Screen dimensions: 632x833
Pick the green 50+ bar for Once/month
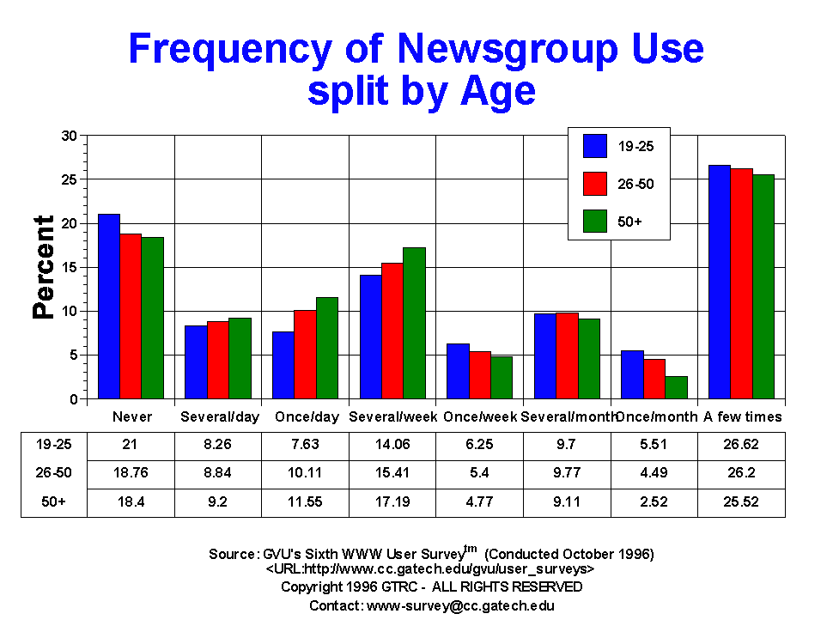(x=675, y=387)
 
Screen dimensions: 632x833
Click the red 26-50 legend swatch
(x=595, y=184)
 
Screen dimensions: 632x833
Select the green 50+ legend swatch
(x=595, y=221)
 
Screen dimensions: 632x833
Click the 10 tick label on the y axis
(x=70, y=311)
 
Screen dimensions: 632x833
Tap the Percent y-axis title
(x=44, y=267)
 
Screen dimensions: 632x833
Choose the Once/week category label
(x=480, y=417)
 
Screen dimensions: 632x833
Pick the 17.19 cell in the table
(x=393, y=501)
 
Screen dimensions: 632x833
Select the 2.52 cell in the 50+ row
(x=654, y=501)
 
